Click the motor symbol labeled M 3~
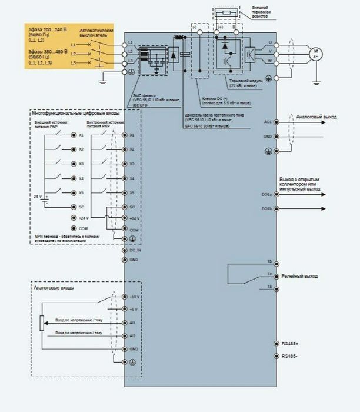[316, 52]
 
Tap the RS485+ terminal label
[289, 343]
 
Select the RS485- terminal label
[289, 356]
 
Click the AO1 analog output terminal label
[268, 122]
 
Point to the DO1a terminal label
[266, 194]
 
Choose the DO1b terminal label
[266, 208]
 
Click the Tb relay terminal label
[269, 261]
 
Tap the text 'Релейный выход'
[299, 275]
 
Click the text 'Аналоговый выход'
[316, 117]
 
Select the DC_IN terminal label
[135, 250]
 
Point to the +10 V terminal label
[134, 297]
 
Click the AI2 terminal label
[132, 335]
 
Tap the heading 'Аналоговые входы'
[54, 288]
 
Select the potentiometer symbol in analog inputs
[41, 323]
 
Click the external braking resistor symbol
[225, 11]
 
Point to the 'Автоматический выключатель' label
[95, 33]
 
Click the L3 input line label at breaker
[73, 62]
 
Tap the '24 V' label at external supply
[38, 195]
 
